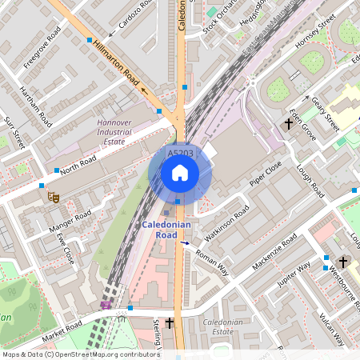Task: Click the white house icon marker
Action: [180, 173]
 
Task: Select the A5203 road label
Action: [180, 152]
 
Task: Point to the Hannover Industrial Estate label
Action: [113, 131]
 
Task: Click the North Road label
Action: [78, 164]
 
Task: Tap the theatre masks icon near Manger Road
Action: [54, 196]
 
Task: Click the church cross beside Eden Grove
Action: [288, 124]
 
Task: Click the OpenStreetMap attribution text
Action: [80, 354]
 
